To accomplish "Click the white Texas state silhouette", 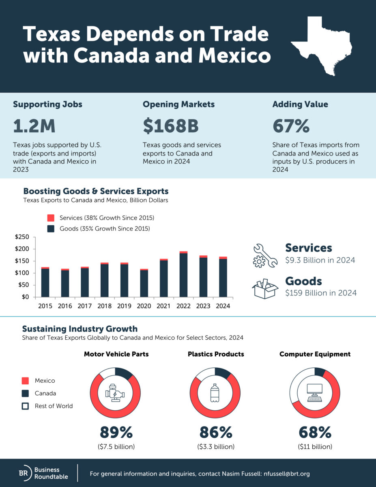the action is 322,47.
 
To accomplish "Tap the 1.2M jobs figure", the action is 34,126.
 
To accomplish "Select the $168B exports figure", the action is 171,126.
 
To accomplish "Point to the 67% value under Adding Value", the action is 291,126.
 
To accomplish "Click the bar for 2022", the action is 183,274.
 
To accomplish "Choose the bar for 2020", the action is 144,283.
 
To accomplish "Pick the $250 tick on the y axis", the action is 22,237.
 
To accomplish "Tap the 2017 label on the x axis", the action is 85,306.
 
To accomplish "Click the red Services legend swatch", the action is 51,218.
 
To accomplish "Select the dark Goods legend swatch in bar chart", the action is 51,228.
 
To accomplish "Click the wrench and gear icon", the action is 265,256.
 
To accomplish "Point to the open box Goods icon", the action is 265,289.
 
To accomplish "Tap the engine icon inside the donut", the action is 115,393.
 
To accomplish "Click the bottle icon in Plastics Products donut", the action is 215,393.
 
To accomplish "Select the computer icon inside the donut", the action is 315,393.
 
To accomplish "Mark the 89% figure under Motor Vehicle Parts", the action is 116,432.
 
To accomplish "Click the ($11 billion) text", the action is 315,447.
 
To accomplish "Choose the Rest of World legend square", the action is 25,406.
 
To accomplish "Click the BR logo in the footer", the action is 25,473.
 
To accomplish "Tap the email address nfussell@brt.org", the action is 287,474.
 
